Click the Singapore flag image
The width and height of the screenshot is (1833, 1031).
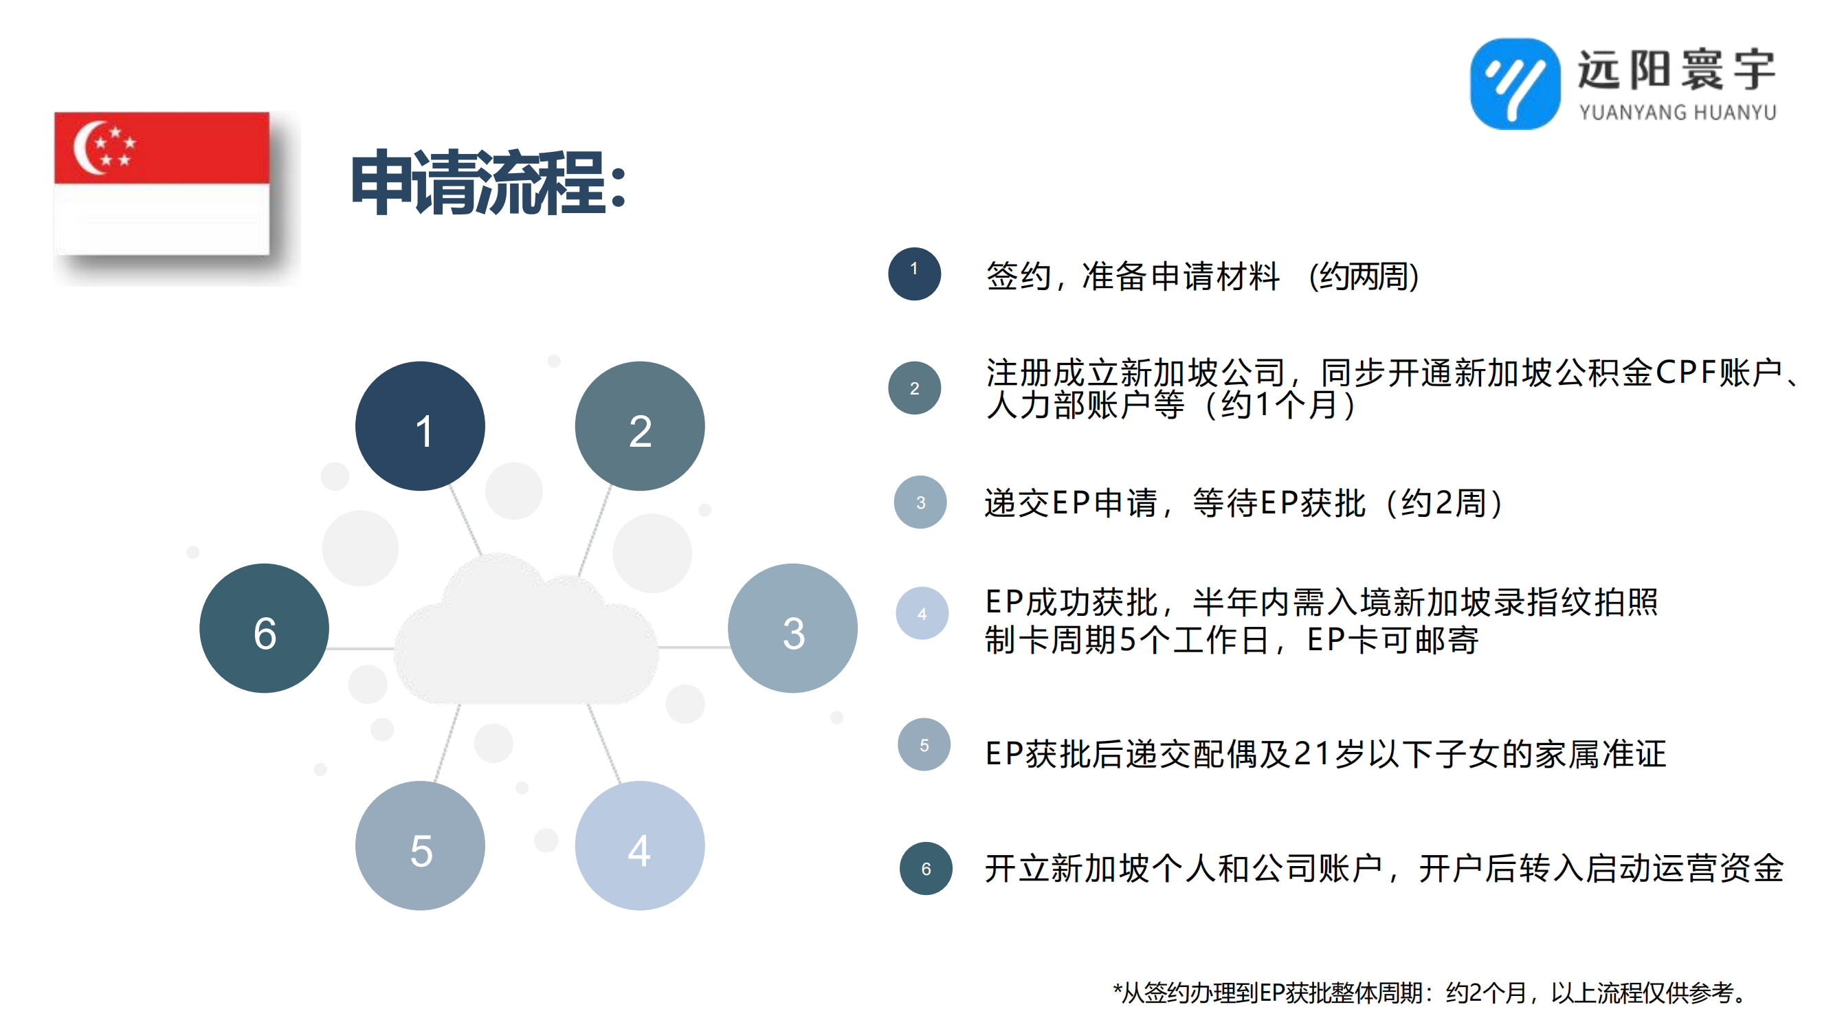(162, 183)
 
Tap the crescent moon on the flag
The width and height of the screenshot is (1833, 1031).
(87, 148)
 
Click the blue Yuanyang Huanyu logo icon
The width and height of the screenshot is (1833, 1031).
(1515, 84)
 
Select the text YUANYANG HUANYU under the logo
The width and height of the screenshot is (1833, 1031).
(1677, 113)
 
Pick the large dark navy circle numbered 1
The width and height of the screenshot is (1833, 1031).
(420, 426)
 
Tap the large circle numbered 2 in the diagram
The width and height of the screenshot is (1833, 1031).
(640, 426)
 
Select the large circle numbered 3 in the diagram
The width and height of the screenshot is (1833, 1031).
(792, 628)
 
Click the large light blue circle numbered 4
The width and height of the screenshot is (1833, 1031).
(640, 845)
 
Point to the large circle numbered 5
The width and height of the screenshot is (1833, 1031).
(420, 845)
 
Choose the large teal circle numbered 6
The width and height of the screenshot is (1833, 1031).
(264, 628)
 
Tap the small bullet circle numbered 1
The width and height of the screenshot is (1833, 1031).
(914, 274)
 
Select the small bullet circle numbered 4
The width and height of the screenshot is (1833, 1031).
(922, 613)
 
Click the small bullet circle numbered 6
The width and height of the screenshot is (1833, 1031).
(926, 869)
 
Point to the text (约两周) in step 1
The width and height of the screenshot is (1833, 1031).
(1364, 276)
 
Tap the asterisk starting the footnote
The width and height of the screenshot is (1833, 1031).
(1117, 989)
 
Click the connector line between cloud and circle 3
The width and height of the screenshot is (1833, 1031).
(693, 647)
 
